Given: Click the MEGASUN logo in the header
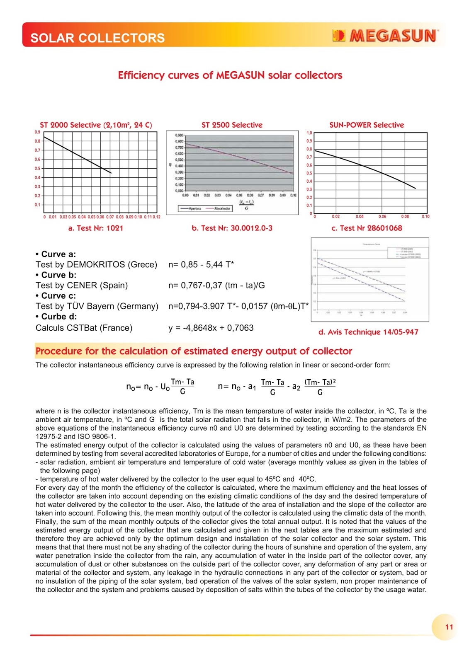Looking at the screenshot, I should point(385,36).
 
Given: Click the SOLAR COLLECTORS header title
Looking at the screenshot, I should point(97,38).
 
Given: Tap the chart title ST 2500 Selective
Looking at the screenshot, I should point(232,125).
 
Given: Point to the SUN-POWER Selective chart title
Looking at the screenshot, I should point(367,125).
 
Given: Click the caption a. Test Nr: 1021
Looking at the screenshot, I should point(96,228).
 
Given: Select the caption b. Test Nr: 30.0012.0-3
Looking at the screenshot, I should point(232,228).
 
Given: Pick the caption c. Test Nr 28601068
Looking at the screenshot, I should point(367,228).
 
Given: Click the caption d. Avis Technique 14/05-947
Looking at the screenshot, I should point(368,332).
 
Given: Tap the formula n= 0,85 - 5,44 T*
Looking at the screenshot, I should point(201,264).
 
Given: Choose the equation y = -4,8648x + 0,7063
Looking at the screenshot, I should point(211,328).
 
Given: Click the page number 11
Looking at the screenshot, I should point(449,627).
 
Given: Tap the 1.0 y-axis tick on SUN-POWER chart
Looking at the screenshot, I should point(309,133).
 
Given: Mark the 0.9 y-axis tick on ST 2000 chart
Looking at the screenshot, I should point(38,132).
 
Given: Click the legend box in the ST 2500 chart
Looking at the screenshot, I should point(205,208).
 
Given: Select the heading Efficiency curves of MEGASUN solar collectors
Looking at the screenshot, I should point(230,75).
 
